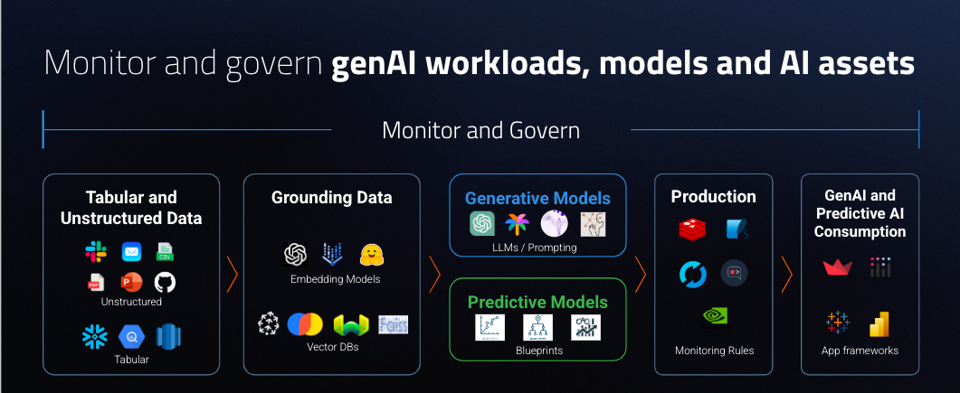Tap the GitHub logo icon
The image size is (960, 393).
[x=165, y=282]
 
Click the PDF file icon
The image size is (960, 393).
[x=95, y=282]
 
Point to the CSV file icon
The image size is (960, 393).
[x=165, y=252]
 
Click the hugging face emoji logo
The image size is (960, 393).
[x=373, y=255]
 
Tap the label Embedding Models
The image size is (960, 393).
[x=335, y=279]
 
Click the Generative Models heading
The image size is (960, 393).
[x=537, y=198]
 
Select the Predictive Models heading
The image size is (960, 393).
[x=537, y=302]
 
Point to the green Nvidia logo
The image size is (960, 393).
[x=715, y=316]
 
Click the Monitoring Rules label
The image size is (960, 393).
[x=714, y=350]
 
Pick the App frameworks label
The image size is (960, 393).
[x=860, y=351]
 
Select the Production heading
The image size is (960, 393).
[x=713, y=196]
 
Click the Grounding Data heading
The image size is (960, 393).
[x=332, y=197]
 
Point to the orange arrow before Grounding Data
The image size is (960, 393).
[x=232, y=271]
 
